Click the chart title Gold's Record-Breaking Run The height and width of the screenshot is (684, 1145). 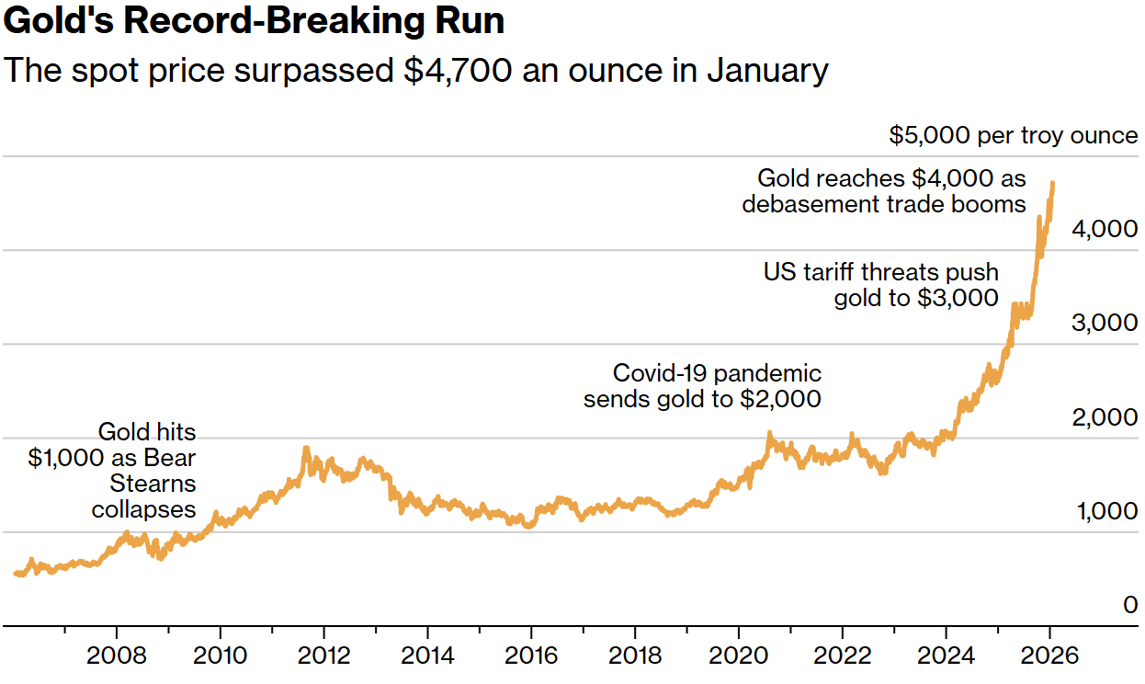[x=255, y=21]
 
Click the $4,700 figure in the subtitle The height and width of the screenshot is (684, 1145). [x=458, y=70]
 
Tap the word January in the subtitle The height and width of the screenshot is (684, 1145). [x=767, y=70]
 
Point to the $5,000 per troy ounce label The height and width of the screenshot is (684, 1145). [x=1013, y=136]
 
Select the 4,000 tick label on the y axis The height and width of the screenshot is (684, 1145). [x=1105, y=229]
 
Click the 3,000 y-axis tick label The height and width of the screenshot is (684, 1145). [x=1105, y=324]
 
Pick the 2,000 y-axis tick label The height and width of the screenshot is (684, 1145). [x=1105, y=418]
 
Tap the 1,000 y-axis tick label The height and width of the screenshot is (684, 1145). [x=1105, y=512]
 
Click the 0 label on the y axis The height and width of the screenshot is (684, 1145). [x=1129, y=605]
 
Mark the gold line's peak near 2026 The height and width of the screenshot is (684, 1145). [x=1052, y=184]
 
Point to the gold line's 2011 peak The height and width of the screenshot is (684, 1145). [x=306, y=449]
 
